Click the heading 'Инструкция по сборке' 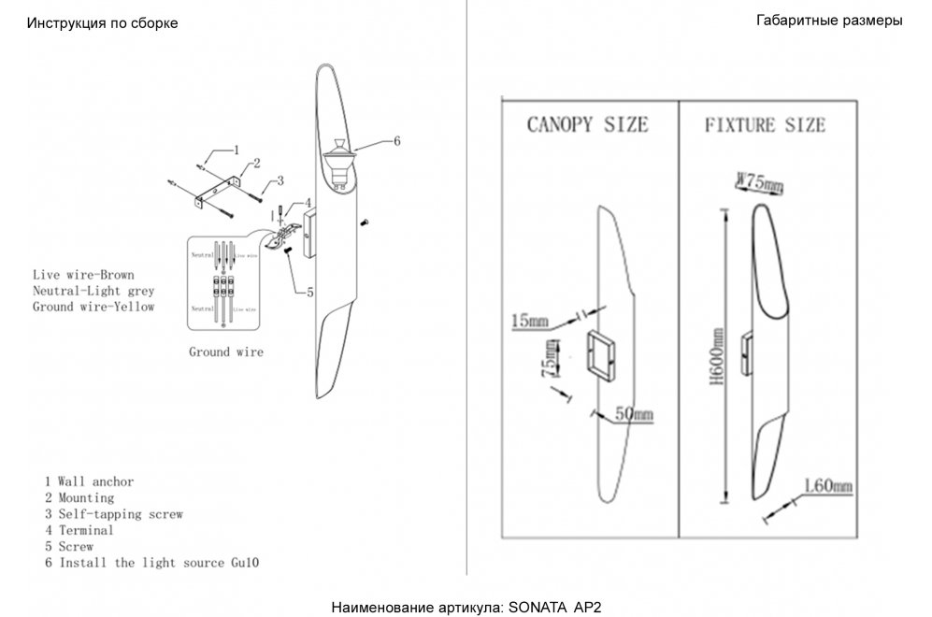(102, 22)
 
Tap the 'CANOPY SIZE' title (587, 124)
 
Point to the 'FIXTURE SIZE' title (765, 124)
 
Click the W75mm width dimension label (759, 182)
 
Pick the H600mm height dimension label (717, 356)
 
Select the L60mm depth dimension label (828, 486)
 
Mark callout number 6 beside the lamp (396, 141)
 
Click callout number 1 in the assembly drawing (236, 149)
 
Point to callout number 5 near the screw (308, 291)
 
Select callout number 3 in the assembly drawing (280, 180)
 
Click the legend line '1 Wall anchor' (89, 481)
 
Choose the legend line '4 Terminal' (79, 530)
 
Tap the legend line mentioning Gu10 (151, 563)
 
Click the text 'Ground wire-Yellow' (93, 307)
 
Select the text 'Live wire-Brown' (83, 275)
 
